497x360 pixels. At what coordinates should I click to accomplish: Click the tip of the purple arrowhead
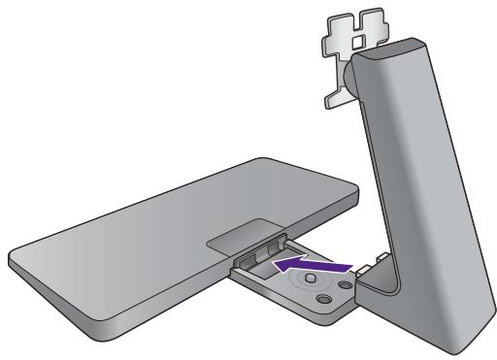(273, 262)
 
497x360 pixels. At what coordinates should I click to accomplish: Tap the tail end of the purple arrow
(348, 261)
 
